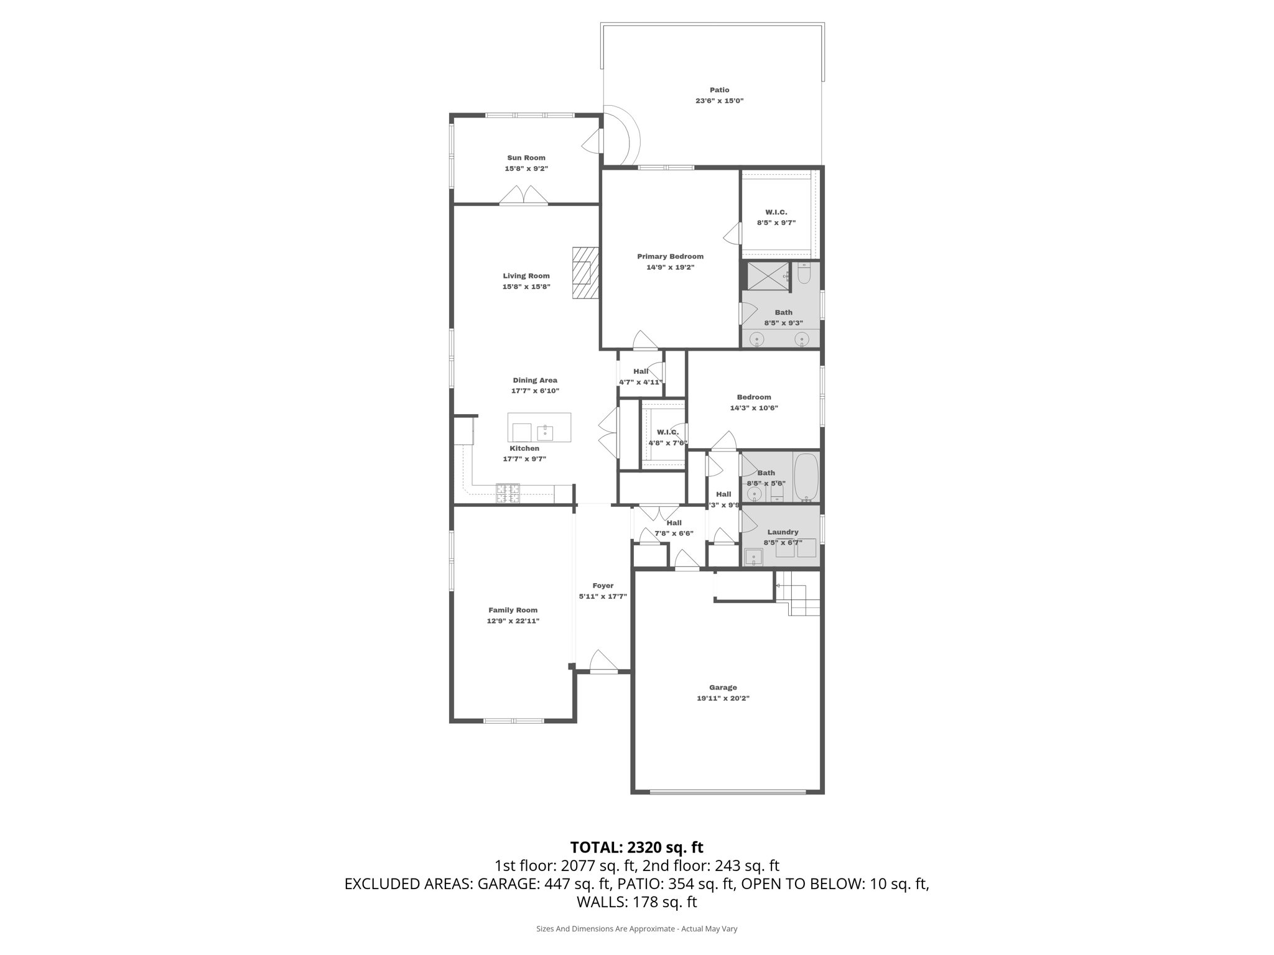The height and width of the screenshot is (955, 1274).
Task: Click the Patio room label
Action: pos(719,90)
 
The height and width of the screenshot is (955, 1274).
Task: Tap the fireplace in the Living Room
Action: pos(585,273)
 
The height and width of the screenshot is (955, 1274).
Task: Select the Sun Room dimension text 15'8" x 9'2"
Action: pos(526,168)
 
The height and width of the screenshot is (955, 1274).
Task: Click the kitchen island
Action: pos(539,428)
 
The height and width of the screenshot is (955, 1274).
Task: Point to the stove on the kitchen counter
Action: pos(508,493)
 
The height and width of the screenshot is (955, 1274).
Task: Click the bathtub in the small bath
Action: pos(807,477)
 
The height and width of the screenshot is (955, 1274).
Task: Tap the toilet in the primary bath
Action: pos(804,274)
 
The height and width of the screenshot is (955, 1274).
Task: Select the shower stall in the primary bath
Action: pos(768,276)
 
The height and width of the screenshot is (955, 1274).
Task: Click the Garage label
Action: pos(723,688)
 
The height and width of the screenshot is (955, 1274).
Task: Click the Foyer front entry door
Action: pos(603,663)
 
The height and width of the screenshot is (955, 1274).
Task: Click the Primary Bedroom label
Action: pos(670,256)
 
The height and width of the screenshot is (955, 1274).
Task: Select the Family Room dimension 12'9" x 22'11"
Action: pos(513,621)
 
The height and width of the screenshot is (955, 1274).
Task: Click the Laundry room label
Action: pos(783,532)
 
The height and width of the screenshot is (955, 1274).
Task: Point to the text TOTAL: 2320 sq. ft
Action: pos(636,847)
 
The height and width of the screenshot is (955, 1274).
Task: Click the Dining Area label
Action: pos(535,381)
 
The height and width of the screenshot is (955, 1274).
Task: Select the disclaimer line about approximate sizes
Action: pos(636,929)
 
